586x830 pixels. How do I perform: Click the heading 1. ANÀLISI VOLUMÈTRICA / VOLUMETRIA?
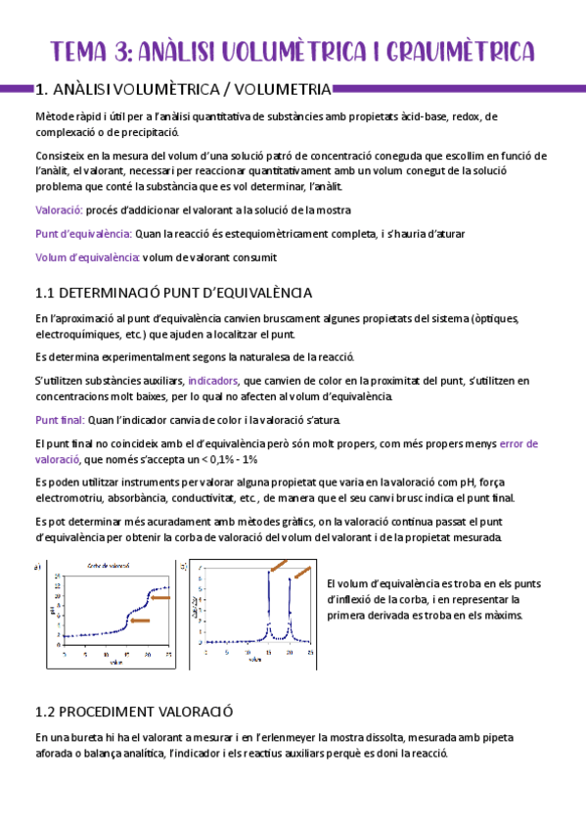[x=182, y=90]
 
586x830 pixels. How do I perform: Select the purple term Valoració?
[x=59, y=209]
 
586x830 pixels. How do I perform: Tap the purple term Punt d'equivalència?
[x=83, y=234]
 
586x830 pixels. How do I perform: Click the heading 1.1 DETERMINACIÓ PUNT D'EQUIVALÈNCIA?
[x=173, y=293]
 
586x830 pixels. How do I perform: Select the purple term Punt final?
[x=60, y=420]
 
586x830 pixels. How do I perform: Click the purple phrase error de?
[x=518, y=443]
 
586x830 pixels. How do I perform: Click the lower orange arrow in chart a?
[x=139, y=620]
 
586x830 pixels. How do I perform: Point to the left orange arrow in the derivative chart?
[x=279, y=566]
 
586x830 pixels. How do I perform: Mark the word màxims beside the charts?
[x=502, y=615]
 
